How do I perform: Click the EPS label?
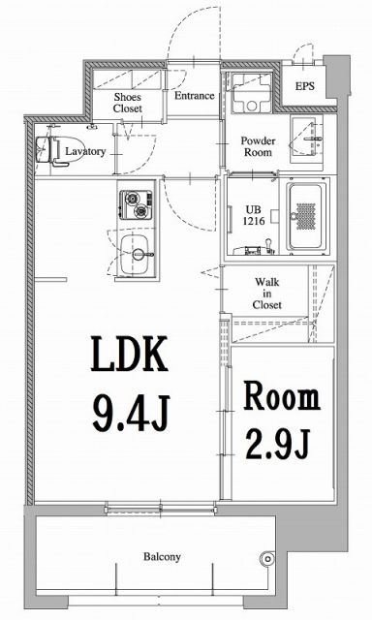304,84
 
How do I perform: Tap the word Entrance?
194,96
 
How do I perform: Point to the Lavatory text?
85,151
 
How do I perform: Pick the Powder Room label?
258,146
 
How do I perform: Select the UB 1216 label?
251,214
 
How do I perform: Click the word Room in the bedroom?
280,398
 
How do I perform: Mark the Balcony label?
164,557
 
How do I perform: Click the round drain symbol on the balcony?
268,557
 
